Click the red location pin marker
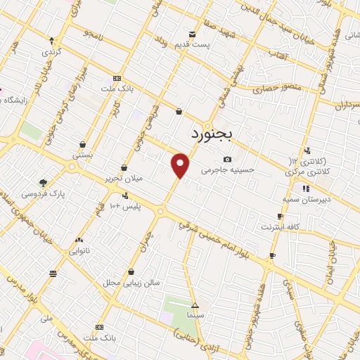click(181, 165)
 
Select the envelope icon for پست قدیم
click(191, 34)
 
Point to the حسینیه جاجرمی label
click(228, 169)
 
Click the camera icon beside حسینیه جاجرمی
click(227, 159)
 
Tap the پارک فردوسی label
click(44, 193)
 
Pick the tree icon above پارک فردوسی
click(44, 182)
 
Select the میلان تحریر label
click(126, 179)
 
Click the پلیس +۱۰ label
click(126, 207)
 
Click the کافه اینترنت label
click(281, 226)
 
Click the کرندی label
click(51, 52)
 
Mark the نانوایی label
click(78, 250)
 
